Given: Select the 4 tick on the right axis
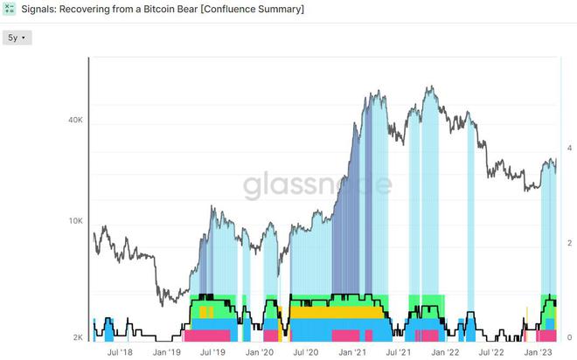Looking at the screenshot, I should pos(569,147).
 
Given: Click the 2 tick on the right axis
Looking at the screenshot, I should pos(569,242).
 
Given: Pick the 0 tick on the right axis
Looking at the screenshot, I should pos(569,337).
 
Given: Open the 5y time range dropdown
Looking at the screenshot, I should pos(17,38).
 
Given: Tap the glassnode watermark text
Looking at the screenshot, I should pos(316,185).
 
